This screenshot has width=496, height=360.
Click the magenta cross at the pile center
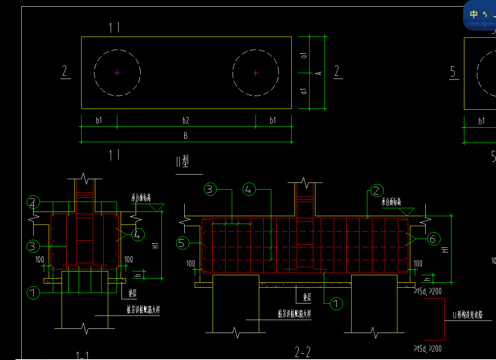point(255,73)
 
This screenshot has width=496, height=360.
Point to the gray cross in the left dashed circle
point(117,73)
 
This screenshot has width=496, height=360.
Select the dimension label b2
point(186,121)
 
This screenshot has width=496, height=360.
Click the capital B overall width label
point(186,136)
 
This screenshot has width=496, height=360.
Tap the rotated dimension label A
point(319,73)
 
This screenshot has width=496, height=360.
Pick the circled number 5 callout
point(182,243)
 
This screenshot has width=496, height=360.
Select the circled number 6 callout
point(433,239)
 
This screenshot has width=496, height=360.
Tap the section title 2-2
point(303,353)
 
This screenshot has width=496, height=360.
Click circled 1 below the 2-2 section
point(336,304)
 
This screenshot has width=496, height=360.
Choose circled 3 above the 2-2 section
point(210,190)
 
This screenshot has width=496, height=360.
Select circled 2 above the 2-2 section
point(377,190)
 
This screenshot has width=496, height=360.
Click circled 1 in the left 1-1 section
point(33,293)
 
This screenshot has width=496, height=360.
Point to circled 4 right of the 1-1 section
point(137,235)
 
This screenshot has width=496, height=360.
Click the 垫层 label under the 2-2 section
point(307,298)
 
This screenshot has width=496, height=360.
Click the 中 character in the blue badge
point(474,14)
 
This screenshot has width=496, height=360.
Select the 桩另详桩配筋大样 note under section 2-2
point(295,314)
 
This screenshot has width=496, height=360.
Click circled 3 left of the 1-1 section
point(33,246)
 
